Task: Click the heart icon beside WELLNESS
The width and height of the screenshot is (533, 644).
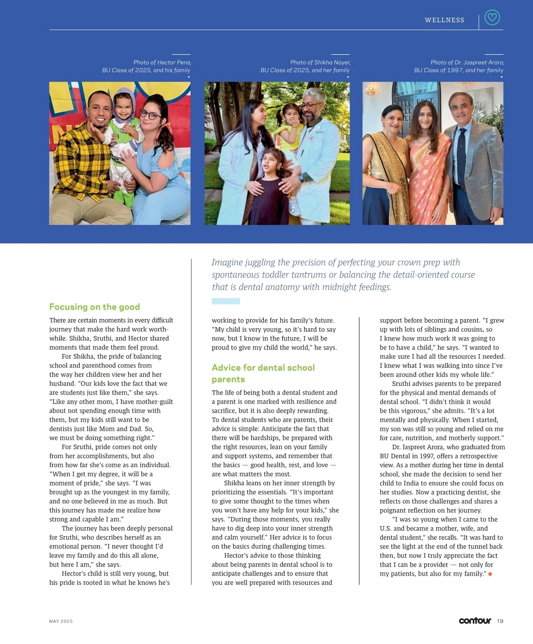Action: pyautogui.click(x=492, y=18)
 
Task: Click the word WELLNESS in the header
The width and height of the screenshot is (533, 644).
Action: pyautogui.click(x=444, y=20)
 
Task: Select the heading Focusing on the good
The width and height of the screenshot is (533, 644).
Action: pyautogui.click(x=95, y=307)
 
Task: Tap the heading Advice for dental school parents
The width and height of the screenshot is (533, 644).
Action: pyautogui.click(x=263, y=373)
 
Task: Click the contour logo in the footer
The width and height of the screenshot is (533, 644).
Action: pyautogui.click(x=475, y=620)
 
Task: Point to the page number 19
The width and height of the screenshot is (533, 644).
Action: pyautogui.click(x=500, y=621)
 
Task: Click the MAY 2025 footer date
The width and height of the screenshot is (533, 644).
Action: pyautogui.click(x=61, y=621)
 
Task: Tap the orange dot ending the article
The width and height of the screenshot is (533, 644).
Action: pyautogui.click(x=490, y=574)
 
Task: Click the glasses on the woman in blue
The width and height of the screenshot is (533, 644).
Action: pyautogui.click(x=151, y=115)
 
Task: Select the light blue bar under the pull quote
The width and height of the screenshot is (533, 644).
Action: pyautogui.click(x=226, y=301)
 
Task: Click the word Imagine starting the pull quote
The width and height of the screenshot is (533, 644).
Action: pyautogui.click(x=227, y=262)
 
